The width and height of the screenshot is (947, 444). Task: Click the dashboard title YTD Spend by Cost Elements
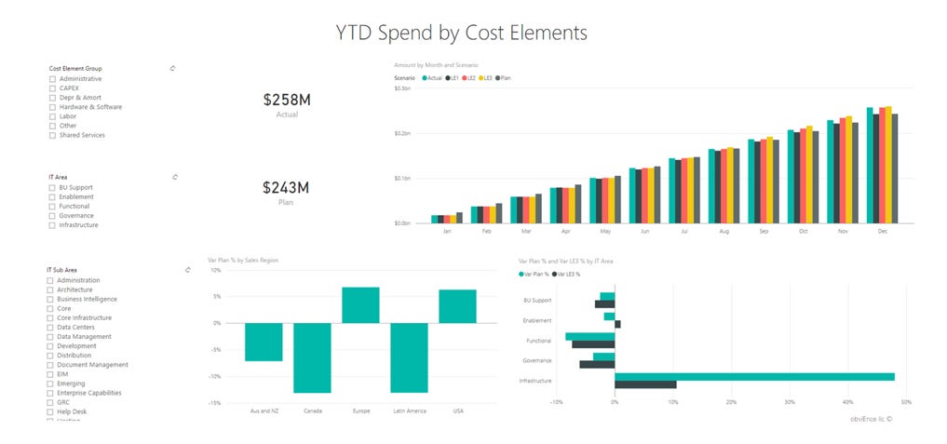point(462,33)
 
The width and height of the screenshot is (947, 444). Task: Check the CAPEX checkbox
point(51,88)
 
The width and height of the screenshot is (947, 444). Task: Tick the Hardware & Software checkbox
point(51,107)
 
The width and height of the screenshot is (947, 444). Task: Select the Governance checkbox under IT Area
point(51,216)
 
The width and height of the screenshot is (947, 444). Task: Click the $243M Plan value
point(287,187)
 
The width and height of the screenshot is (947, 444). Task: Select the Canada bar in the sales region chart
point(312,357)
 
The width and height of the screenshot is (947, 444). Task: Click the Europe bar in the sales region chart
point(360,304)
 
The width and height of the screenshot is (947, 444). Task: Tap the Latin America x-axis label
point(409,410)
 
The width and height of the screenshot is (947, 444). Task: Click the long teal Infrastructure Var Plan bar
point(754,377)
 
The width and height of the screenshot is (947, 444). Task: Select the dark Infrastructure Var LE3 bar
point(645,384)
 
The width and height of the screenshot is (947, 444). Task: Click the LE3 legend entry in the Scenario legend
point(487,78)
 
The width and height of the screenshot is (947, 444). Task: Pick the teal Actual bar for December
point(870,166)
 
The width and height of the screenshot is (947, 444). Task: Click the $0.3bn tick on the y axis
point(402,88)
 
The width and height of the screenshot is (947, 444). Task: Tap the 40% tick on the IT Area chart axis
point(847,403)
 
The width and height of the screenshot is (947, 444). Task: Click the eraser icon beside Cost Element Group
point(173,68)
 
